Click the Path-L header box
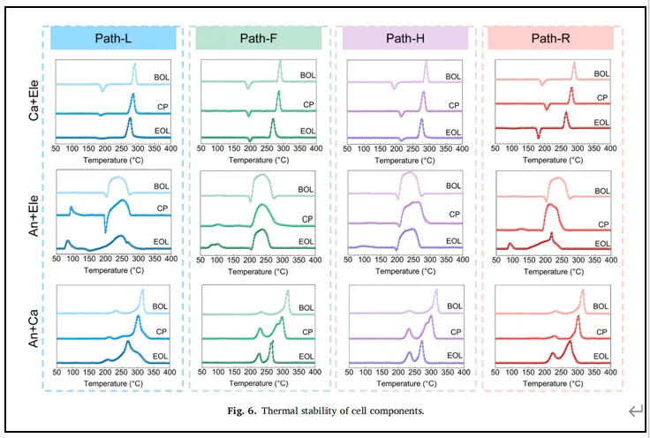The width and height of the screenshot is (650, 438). (x=113, y=38)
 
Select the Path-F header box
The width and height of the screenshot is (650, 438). (x=259, y=38)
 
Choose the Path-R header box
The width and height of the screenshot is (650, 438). (x=549, y=38)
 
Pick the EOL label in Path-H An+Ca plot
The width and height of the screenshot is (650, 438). (x=453, y=356)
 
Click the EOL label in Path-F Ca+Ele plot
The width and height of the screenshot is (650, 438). (x=307, y=132)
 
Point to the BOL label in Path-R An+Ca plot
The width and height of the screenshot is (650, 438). (x=601, y=306)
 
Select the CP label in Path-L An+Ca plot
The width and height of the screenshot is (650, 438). (x=161, y=331)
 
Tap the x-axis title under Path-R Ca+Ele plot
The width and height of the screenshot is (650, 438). (x=552, y=161)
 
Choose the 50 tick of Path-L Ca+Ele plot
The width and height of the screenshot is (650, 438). (x=56, y=150)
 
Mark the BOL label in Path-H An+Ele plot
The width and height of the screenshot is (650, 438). (x=453, y=186)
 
